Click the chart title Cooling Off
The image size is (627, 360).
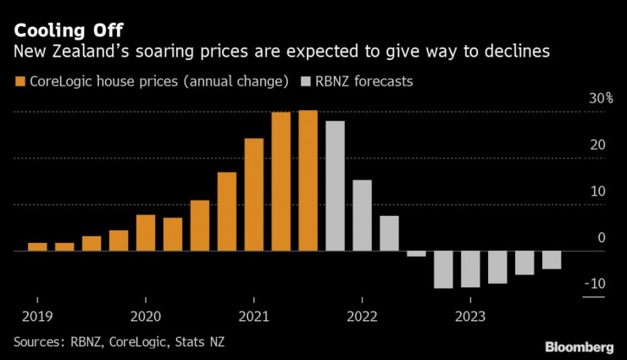click(x=64, y=31)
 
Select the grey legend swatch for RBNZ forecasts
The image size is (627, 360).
click(x=307, y=82)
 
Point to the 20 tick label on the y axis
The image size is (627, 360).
click(x=597, y=146)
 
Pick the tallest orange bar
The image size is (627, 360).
click(x=308, y=180)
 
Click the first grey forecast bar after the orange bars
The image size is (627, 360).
click(x=335, y=186)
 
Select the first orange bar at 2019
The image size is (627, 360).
click(x=37, y=246)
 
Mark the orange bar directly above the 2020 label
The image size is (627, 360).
click(x=146, y=233)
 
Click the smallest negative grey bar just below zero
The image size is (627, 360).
click(x=416, y=254)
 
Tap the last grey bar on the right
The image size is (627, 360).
click(x=552, y=260)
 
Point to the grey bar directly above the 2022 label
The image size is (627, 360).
click(x=362, y=215)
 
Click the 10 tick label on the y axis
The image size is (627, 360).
click(x=597, y=191)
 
